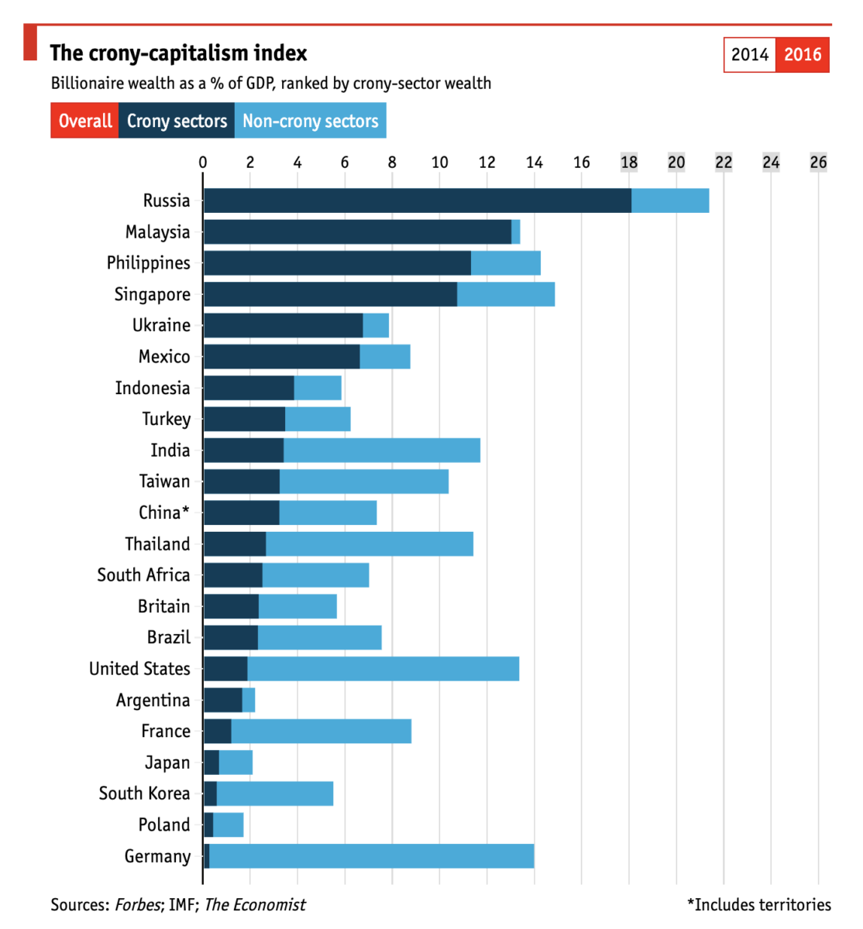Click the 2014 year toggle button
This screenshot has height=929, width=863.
tap(750, 54)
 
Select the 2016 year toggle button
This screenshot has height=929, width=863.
tap(803, 54)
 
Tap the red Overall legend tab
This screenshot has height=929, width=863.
tap(84, 122)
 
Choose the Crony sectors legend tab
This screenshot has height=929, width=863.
tap(177, 122)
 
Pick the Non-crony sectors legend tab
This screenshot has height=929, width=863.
tap(310, 122)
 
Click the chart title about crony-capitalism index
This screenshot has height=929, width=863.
tap(178, 53)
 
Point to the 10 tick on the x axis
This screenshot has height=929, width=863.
tap(439, 163)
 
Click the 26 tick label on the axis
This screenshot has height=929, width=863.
tap(818, 163)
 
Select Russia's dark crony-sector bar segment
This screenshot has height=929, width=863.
tap(417, 201)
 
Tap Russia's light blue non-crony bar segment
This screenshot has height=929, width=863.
tap(670, 201)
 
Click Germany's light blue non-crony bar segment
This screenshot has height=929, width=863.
tap(372, 856)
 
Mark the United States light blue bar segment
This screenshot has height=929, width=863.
tap(383, 669)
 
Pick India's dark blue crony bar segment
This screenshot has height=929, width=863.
tap(243, 451)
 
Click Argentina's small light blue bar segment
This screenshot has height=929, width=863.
tap(249, 700)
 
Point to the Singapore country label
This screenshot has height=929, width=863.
tap(152, 294)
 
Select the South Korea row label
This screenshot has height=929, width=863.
tap(144, 794)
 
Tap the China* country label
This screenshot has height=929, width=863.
tap(163, 512)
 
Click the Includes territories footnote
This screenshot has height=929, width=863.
tap(758, 904)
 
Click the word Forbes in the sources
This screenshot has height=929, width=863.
tap(138, 904)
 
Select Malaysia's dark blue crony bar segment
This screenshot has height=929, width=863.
tap(357, 231)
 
